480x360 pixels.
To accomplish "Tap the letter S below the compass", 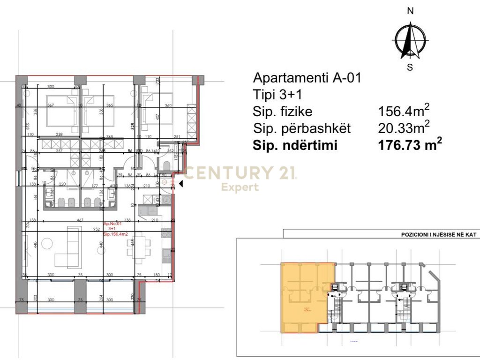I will [x=410, y=67].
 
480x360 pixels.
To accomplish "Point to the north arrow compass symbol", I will [x=410, y=40].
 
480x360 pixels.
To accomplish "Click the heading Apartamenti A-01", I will [x=307, y=78].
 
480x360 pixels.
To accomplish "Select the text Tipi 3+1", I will [x=277, y=95].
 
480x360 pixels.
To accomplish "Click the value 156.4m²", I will [x=404, y=111].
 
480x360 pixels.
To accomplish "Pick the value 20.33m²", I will [x=404, y=128].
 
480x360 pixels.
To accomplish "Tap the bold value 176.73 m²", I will [x=410, y=145].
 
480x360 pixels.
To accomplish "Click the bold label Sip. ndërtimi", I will [x=295, y=145].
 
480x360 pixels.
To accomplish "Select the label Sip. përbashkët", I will [x=302, y=128].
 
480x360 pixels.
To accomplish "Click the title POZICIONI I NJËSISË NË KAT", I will [x=438, y=234].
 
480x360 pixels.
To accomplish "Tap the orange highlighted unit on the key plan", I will [x=307, y=298].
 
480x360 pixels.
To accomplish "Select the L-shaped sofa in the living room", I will [x=70, y=248].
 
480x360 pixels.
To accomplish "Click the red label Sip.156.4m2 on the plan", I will [x=115, y=233].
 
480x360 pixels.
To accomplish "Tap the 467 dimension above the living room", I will [x=80, y=219].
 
